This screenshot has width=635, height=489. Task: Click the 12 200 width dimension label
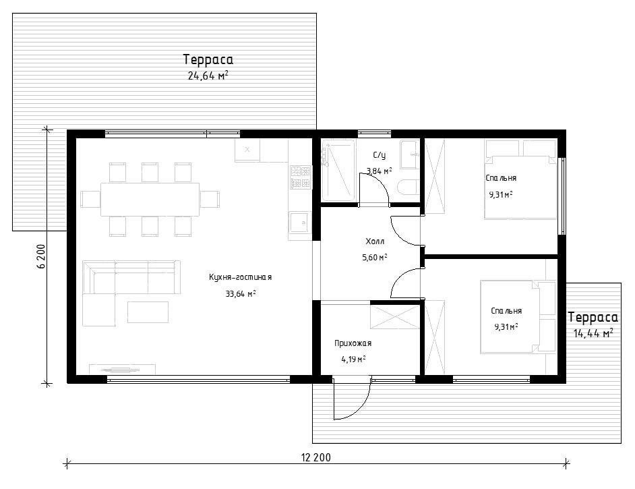click(316, 458)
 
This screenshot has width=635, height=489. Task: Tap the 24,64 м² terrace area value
click(208, 76)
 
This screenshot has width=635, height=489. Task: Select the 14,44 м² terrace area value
click(593, 333)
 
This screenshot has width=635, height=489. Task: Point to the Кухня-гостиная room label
click(240, 277)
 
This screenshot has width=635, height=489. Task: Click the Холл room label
click(375, 241)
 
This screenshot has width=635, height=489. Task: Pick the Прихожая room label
click(353, 343)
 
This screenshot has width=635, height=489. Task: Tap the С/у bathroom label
click(380, 155)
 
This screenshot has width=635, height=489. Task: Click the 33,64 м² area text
click(241, 293)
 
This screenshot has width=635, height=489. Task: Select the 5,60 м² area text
click(375, 257)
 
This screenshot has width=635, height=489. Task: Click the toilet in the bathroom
click(408, 188)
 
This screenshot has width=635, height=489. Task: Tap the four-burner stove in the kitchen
click(300, 177)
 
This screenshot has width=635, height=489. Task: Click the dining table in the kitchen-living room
click(150, 200)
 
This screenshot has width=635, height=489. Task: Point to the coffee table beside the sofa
click(148, 312)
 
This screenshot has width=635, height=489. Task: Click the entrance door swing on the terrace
click(351, 399)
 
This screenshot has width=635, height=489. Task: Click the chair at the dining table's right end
click(210, 200)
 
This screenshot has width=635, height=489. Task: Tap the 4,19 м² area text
click(353, 359)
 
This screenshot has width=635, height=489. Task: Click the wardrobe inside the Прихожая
click(395, 317)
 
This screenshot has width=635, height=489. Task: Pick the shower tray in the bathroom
click(338, 170)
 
